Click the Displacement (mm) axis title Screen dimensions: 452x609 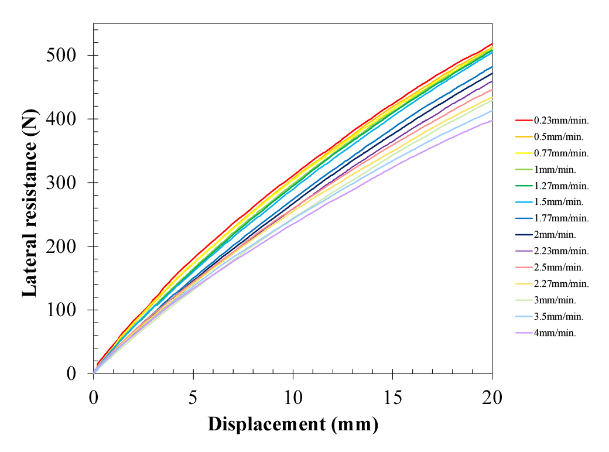[x=293, y=424]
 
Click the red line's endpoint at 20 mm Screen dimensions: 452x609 [x=491, y=44]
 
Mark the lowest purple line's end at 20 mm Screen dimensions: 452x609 [x=491, y=121]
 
